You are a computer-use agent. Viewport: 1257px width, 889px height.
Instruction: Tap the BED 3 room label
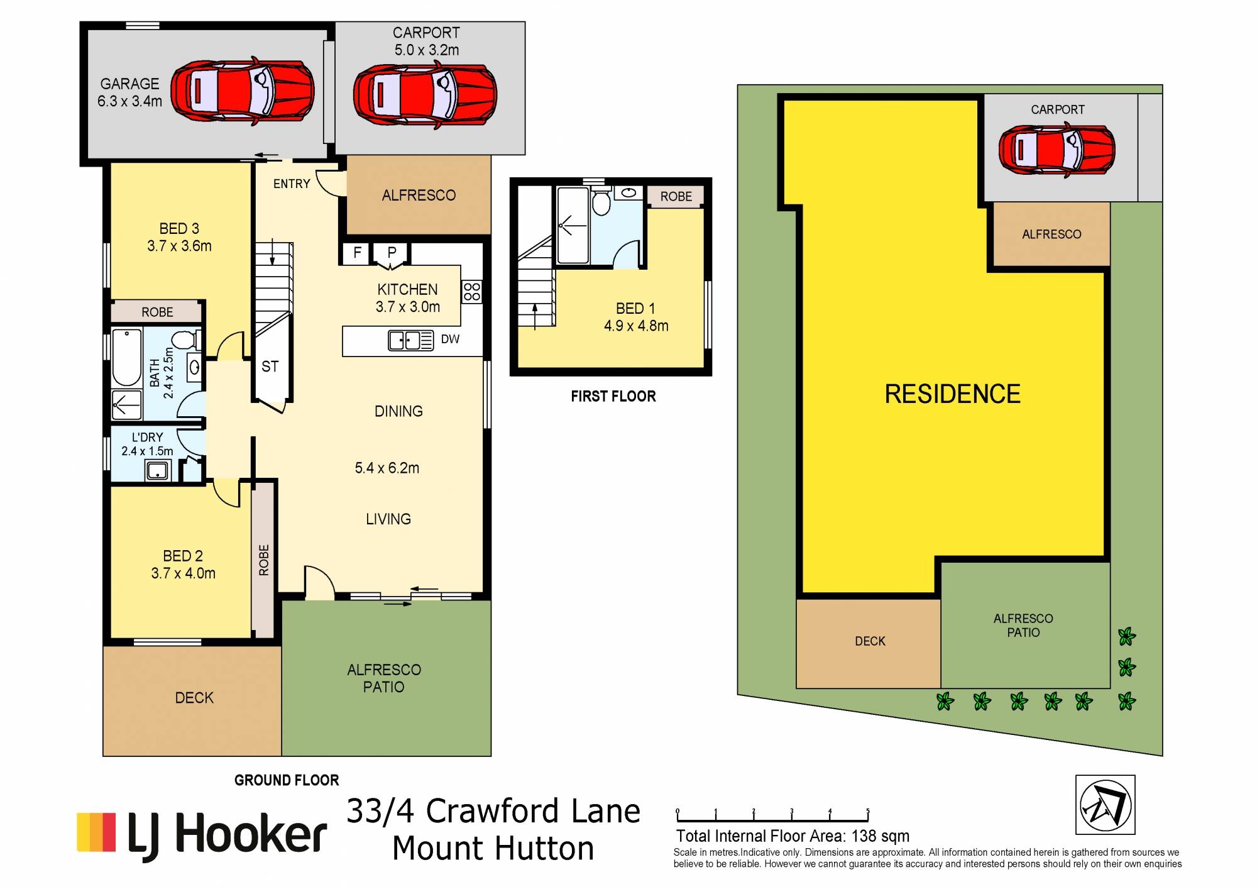point(179,228)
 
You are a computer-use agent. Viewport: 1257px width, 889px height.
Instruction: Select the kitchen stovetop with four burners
point(472,292)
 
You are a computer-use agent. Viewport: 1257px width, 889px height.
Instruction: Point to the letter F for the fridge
point(357,253)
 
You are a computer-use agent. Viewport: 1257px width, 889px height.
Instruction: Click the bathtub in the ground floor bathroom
point(126,357)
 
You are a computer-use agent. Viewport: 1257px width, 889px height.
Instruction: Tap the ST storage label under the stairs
point(270,366)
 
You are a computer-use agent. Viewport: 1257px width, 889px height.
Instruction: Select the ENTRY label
point(292,184)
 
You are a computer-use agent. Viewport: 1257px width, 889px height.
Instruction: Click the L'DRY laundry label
point(148,437)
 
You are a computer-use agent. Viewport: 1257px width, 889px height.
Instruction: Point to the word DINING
point(398,411)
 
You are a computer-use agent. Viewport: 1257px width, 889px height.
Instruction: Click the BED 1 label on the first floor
point(635,308)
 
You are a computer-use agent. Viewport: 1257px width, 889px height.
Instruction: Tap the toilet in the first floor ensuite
point(601,201)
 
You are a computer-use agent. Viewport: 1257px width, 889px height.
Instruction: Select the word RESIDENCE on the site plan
point(953,394)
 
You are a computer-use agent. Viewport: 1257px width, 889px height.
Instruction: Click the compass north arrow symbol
point(1106,805)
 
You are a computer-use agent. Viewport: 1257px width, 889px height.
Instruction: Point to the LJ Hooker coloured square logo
point(96,832)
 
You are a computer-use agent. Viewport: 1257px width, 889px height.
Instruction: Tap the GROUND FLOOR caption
point(287,780)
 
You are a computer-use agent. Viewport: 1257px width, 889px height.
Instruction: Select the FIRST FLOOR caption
point(613,396)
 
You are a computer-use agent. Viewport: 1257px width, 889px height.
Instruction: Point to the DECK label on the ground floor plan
point(194,698)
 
